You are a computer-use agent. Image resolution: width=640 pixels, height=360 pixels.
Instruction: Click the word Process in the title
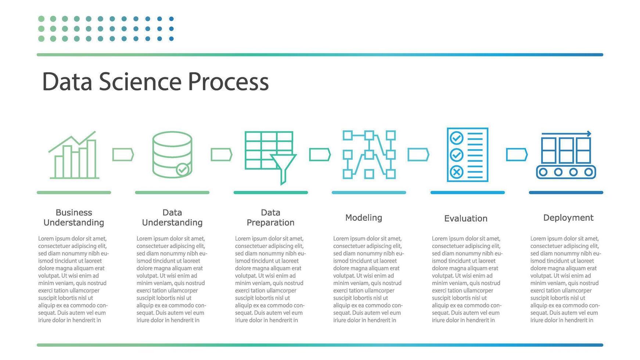pyautogui.click(x=228, y=82)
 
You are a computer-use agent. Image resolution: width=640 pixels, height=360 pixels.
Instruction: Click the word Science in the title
pyautogui.click(x=140, y=82)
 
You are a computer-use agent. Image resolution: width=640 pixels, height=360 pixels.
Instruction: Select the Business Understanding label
pyautogui.click(x=74, y=217)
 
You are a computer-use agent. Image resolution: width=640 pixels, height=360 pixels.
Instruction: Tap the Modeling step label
pyautogui.click(x=364, y=217)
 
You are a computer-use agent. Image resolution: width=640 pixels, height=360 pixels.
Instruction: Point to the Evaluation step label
pyautogui.click(x=465, y=219)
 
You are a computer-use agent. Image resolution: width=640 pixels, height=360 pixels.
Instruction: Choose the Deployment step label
pyautogui.click(x=568, y=217)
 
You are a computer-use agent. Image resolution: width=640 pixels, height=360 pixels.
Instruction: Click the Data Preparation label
pyautogui.click(x=270, y=217)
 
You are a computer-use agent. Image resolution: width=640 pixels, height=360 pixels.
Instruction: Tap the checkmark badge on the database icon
pyautogui.click(x=183, y=169)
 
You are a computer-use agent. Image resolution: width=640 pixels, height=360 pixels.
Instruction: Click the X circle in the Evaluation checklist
pyautogui.click(x=456, y=172)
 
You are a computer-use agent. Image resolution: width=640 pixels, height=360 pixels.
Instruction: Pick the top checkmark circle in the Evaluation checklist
pyautogui.click(x=456, y=138)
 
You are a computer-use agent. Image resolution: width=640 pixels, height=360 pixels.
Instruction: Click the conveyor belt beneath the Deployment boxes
pyautogui.click(x=566, y=172)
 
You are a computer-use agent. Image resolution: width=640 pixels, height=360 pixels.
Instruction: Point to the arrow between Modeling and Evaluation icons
pyautogui.click(x=418, y=155)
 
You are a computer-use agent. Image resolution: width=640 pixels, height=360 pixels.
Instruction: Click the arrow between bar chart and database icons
pyautogui.click(x=123, y=155)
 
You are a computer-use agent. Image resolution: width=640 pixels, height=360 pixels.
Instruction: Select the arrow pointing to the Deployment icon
pyautogui.click(x=517, y=155)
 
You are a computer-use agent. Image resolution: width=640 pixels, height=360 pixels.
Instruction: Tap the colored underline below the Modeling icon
pyautogui.click(x=369, y=192)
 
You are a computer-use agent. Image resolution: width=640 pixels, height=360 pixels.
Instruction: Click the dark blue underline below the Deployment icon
pyautogui.click(x=566, y=192)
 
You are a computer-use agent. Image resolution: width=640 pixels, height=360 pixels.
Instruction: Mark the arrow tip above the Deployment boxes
pyautogui.click(x=589, y=134)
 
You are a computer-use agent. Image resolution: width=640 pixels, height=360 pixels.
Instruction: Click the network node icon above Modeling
pyautogui.click(x=369, y=155)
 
